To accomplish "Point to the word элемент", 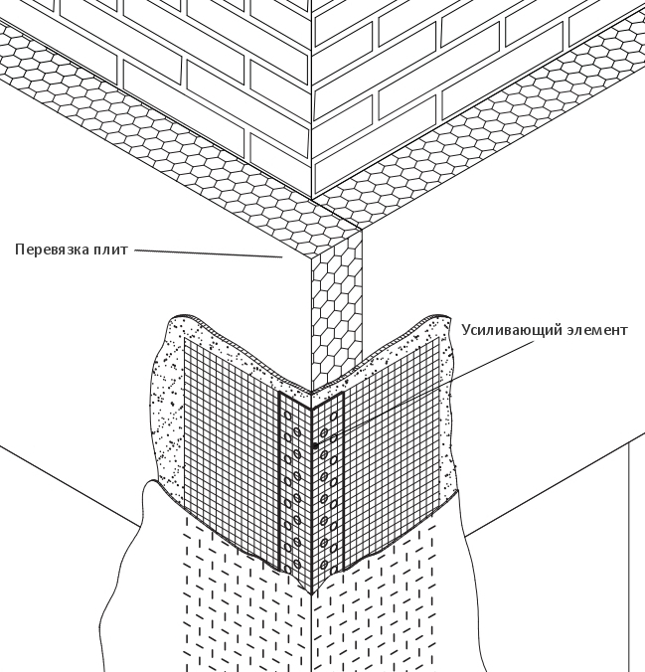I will point(595,329).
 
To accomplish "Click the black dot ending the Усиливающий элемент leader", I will point(315,446).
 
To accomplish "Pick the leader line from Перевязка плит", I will point(209,253).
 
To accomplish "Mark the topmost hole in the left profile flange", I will point(288,411).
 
